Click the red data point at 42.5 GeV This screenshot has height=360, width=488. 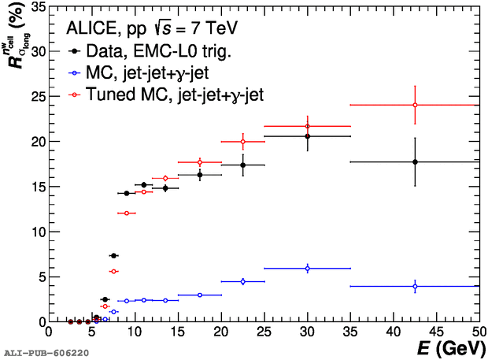(x=415, y=105)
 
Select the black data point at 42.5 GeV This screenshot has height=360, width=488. (x=415, y=161)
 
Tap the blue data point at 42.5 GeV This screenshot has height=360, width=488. (x=415, y=286)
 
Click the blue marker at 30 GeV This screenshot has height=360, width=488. (x=307, y=269)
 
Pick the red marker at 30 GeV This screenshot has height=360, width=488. (x=307, y=126)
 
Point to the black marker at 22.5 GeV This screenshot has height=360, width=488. (x=242, y=165)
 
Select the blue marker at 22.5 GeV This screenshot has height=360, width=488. (x=242, y=281)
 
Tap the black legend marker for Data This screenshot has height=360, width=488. (x=72, y=53)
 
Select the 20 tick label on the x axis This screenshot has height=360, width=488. (x=221, y=332)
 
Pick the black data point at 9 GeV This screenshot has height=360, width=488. (x=126, y=193)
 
